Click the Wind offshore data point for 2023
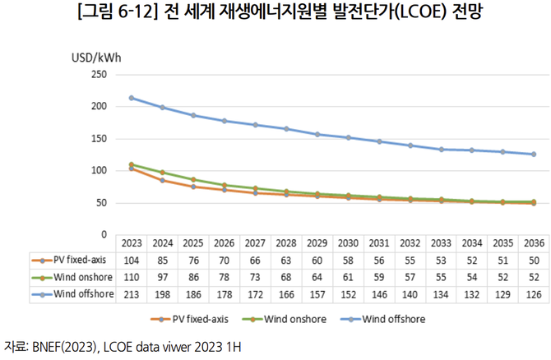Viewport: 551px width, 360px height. point(132,98)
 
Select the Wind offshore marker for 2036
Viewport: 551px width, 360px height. point(533,154)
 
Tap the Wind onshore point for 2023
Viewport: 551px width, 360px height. point(132,164)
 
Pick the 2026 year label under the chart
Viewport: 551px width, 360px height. point(224,243)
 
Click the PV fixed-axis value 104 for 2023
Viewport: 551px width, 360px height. point(132,259)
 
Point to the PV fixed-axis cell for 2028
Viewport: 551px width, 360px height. point(285,259)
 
